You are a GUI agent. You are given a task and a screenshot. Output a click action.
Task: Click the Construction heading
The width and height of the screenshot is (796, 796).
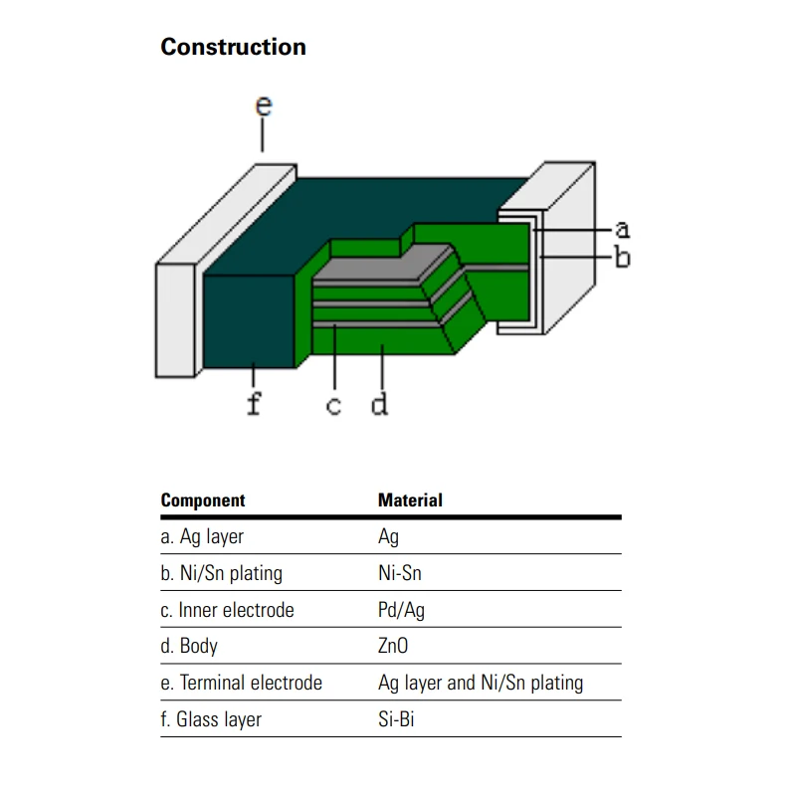pos(233,47)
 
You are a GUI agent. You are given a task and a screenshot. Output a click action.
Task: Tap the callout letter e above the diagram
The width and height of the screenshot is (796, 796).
pos(263,105)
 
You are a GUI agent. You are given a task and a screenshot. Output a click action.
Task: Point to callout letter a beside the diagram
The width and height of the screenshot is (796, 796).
pos(622,230)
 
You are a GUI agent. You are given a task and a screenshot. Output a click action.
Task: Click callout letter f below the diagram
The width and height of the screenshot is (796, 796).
pos(254,403)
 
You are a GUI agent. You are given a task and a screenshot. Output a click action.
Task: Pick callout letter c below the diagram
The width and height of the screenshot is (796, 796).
pos(334,406)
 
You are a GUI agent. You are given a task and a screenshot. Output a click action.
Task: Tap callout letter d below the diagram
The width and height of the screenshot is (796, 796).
pos(379,404)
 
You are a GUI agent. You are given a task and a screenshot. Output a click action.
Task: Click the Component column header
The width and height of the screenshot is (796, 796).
pos(202,500)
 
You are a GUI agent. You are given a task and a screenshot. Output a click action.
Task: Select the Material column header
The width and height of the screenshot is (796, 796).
pos(410,500)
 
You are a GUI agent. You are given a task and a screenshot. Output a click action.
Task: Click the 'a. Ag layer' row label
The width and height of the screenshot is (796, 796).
pos(202,537)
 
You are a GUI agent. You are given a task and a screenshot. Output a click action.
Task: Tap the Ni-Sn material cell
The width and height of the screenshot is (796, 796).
pos(400,574)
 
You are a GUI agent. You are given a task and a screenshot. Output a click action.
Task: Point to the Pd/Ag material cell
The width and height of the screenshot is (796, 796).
pos(401,610)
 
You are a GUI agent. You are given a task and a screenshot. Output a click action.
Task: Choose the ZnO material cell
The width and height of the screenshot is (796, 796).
pos(393,647)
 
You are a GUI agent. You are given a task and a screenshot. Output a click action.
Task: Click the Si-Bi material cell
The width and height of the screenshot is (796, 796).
pos(396,719)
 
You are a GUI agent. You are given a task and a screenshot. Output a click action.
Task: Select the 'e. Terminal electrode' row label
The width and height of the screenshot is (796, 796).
pos(241,683)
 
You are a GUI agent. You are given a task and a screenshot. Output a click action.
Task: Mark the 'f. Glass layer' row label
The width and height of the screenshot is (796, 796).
pos(211,719)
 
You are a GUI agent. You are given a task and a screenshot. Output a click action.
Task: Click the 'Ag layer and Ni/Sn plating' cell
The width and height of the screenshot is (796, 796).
pos(481,683)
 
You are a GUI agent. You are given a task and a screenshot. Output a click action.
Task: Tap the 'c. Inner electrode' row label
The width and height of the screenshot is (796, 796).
pos(227,610)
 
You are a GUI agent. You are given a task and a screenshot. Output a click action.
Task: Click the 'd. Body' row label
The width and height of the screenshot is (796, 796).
pos(189,647)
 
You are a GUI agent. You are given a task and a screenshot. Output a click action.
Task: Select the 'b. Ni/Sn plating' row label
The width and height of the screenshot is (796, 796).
pos(221,574)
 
